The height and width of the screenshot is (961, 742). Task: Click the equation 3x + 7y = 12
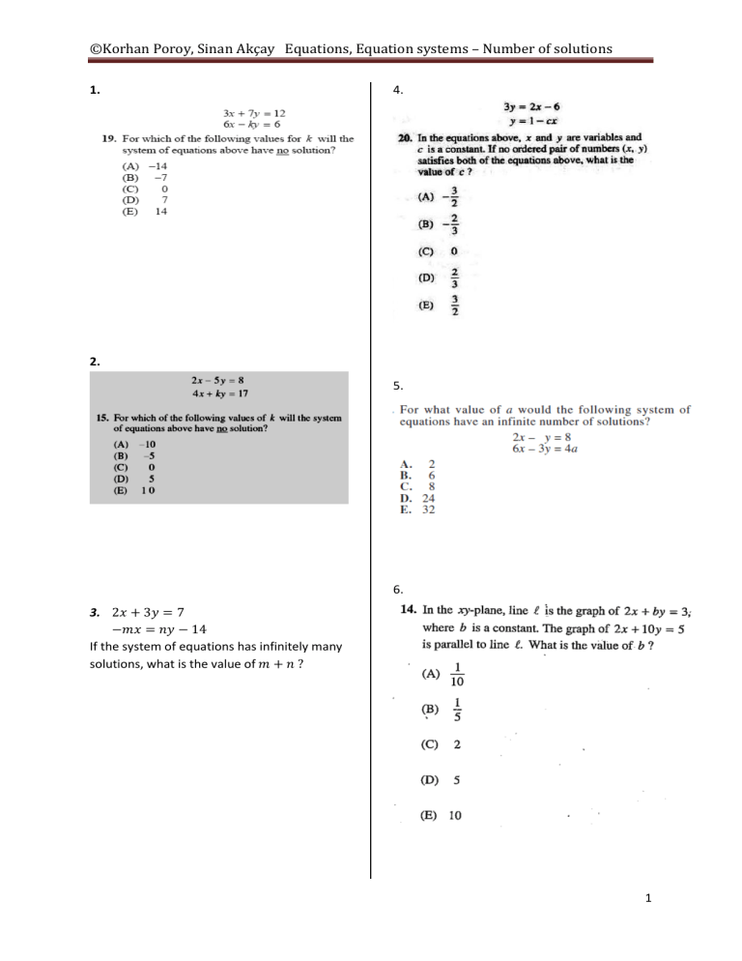pos(254,113)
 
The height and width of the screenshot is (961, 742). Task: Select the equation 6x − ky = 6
pos(254,125)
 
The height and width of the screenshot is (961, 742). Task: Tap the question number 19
pos(110,138)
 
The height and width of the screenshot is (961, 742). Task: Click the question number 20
pos(407,138)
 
